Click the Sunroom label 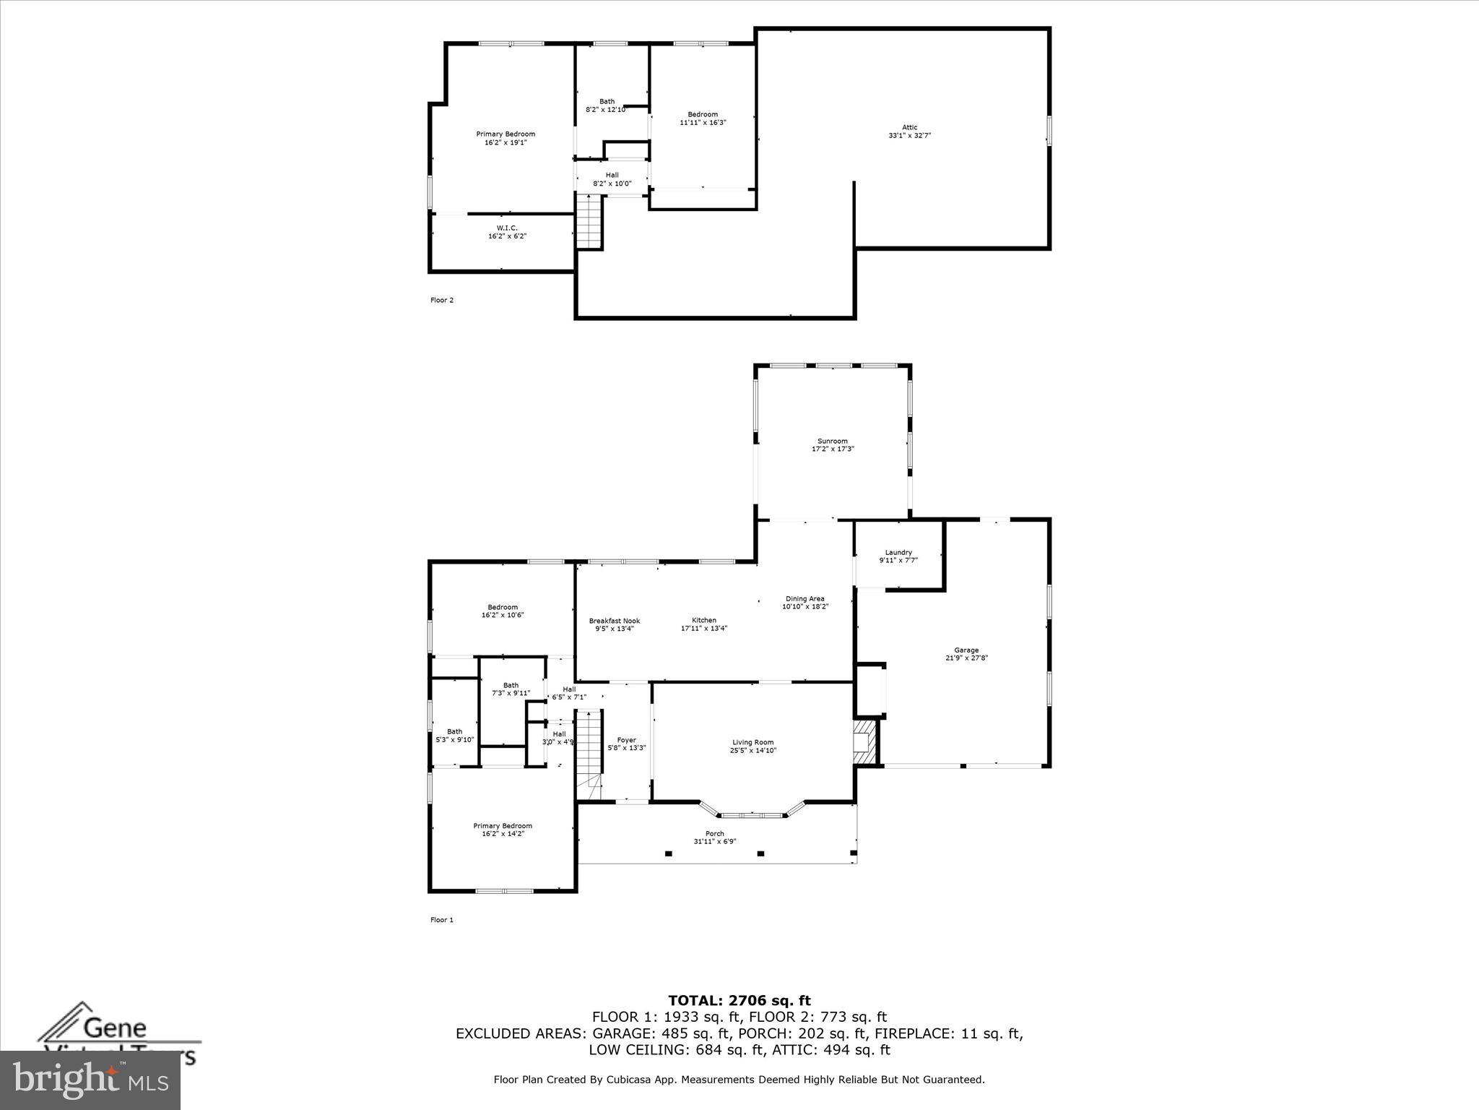pos(833,441)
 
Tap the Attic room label pos(909,127)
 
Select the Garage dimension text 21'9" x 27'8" pos(966,658)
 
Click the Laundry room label pos(898,552)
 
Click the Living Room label pos(752,742)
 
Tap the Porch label pos(714,833)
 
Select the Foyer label pos(626,740)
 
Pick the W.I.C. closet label pos(507,228)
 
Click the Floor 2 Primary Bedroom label pos(506,134)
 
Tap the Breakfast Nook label pos(614,621)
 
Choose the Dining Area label pos(804,598)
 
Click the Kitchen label pos(703,620)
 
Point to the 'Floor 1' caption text pos(442,920)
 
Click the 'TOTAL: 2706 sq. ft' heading pos(739,1001)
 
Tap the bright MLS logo pos(90,1080)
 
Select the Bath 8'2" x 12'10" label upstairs pos(607,101)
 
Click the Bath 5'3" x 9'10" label pos(454,731)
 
